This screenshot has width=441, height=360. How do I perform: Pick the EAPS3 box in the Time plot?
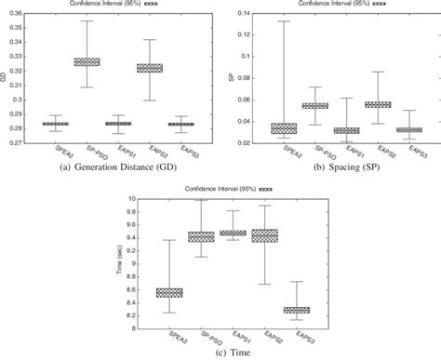point(297,310)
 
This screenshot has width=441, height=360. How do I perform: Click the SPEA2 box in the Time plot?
point(170,292)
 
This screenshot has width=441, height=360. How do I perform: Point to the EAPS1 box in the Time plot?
point(234,233)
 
